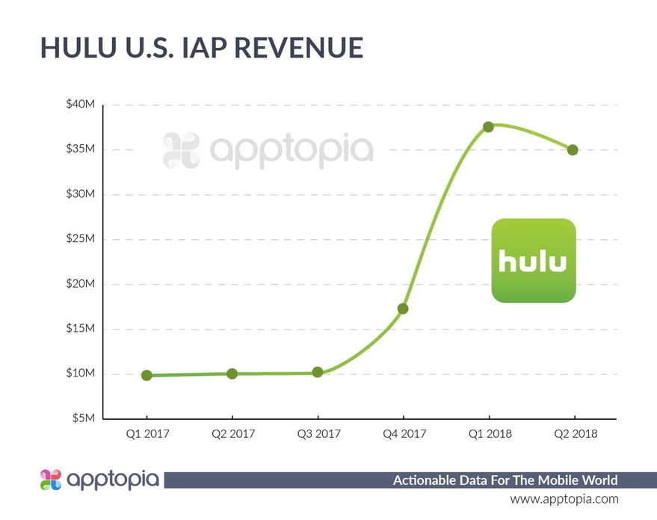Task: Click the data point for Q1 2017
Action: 146,375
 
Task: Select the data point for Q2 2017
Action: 232,373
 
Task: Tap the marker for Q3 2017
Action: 318,372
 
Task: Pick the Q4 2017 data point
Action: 403,308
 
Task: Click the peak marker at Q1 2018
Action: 488,127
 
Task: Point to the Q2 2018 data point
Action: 573,149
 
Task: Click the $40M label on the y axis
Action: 80,105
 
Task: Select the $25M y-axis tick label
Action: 80,239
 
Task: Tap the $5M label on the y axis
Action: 82,418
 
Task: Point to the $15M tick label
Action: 80,329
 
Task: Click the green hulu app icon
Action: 533,260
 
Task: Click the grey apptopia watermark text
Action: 291,149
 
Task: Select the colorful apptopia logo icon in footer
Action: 51,480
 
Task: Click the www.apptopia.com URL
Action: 564,498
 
